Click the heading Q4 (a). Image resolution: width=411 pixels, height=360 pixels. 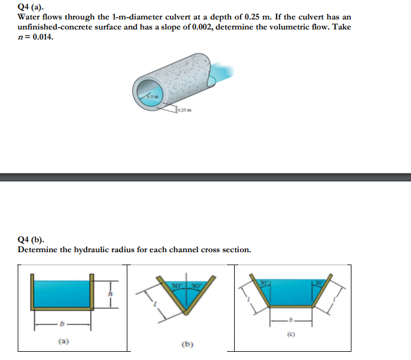tap(31, 8)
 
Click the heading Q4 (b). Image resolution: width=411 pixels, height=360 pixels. tap(31, 240)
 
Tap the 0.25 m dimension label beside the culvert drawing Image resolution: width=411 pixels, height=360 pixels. tap(185, 110)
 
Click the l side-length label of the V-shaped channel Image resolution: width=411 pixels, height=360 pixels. tap(155, 305)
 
